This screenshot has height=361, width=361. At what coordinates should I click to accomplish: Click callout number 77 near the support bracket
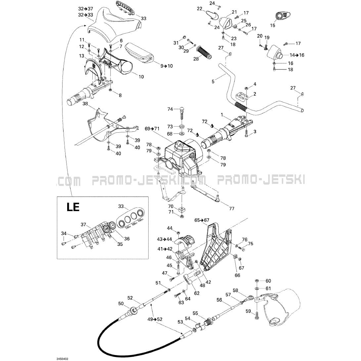[x=231, y=208]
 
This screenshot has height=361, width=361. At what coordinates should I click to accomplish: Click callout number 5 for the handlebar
[x=213, y=80]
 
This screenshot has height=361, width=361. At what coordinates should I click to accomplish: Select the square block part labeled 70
[x=182, y=209]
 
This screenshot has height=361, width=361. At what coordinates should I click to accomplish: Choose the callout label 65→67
[x=202, y=220]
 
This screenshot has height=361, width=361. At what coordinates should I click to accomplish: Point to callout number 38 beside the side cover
[x=85, y=104]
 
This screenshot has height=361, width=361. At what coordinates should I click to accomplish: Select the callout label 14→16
[x=297, y=55]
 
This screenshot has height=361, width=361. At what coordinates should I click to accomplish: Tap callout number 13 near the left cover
[x=82, y=56]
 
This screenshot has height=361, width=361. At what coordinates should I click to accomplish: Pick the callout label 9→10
[x=167, y=66]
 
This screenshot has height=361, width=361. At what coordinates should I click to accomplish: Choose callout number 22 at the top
[x=200, y=9]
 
